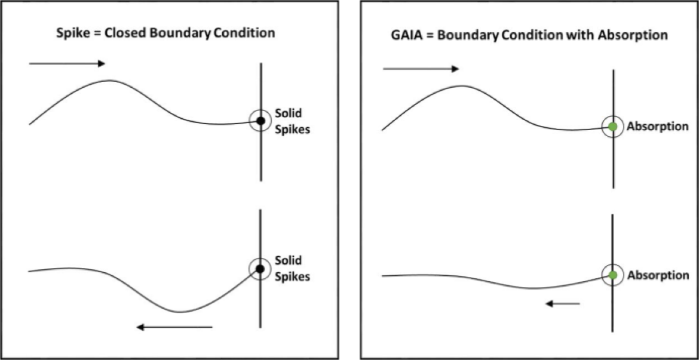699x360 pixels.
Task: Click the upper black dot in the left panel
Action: point(261,120)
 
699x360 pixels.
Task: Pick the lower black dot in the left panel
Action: point(261,268)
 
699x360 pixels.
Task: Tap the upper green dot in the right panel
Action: point(613,127)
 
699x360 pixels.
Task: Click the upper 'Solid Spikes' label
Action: point(292,121)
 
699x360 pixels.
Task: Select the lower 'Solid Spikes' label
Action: point(292,268)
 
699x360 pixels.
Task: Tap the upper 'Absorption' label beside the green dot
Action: point(658,127)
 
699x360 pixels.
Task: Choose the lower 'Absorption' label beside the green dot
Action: point(658,276)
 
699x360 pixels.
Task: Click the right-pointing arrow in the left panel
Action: point(67,64)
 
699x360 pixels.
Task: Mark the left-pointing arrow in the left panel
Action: point(174,327)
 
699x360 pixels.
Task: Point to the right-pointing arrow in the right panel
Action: point(421,69)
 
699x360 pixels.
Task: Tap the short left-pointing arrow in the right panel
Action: point(563,304)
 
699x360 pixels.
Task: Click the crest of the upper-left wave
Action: point(110,80)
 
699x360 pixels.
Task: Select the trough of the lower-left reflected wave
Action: point(178,312)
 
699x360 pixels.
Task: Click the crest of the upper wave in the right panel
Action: point(463,85)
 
